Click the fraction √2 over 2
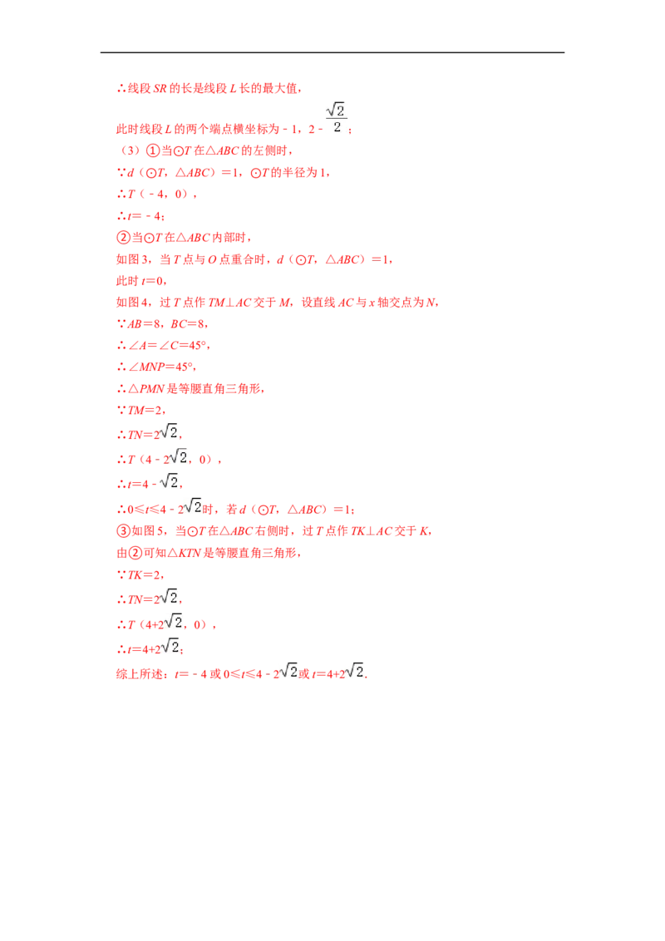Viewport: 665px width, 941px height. click(x=336, y=118)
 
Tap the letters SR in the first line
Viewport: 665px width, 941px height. click(x=160, y=88)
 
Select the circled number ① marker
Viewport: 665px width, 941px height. click(x=153, y=150)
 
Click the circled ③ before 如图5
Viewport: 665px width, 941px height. click(x=123, y=530)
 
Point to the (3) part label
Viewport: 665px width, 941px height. click(x=131, y=150)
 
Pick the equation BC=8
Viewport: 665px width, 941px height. click(x=187, y=324)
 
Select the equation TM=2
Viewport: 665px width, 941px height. click(x=145, y=411)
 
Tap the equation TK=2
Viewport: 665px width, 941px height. click(x=144, y=575)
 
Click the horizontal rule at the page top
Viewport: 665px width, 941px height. click(x=332, y=52)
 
